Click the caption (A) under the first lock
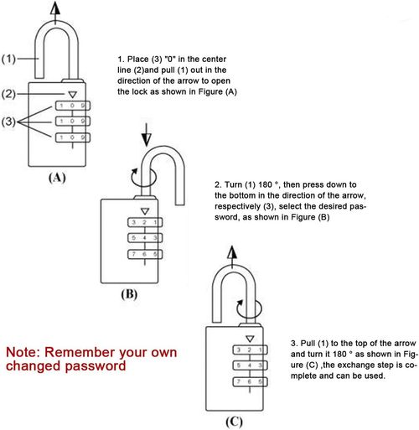pyautogui.click(x=57, y=178)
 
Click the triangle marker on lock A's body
pyautogui.click(x=73, y=96)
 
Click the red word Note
pyautogui.click(x=26, y=352)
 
